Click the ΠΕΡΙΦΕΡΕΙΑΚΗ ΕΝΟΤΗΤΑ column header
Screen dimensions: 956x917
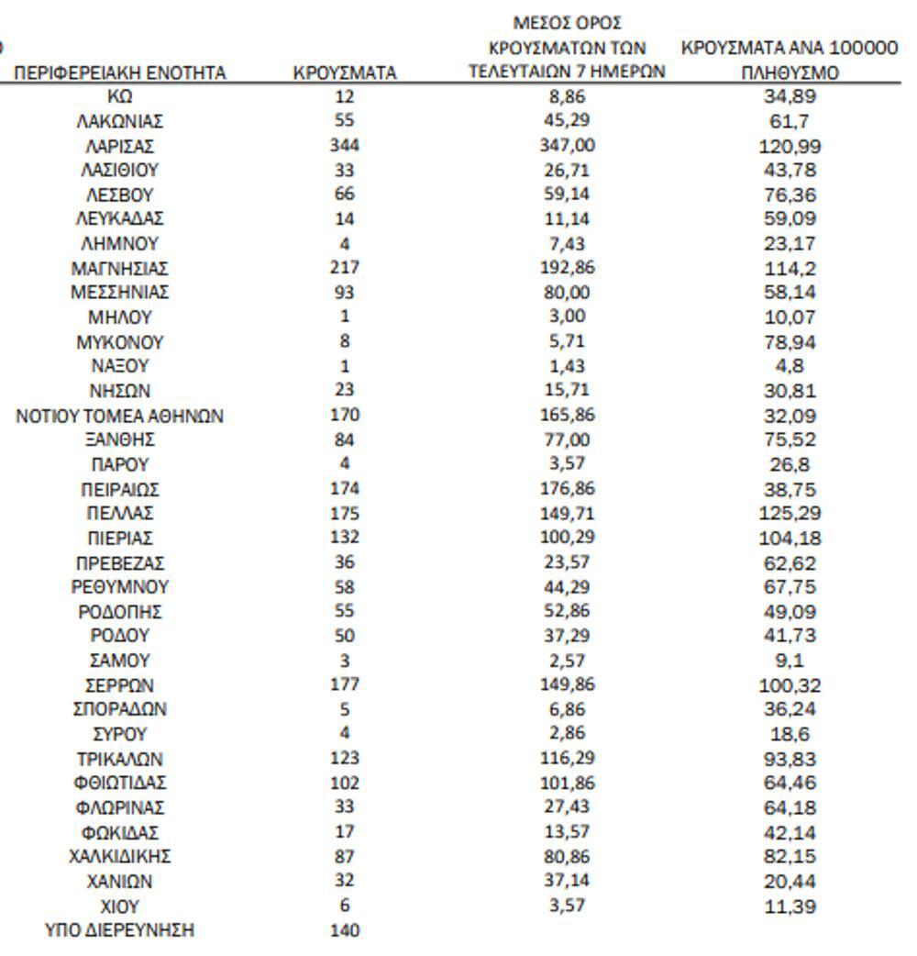(119, 73)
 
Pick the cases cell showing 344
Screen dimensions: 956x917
(344, 145)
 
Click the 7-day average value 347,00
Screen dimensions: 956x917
(567, 145)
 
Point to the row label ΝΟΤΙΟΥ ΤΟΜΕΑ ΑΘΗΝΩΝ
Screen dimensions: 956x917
(119, 416)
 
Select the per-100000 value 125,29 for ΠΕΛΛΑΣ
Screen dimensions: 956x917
(790, 513)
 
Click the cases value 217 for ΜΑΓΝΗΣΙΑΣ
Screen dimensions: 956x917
(344, 268)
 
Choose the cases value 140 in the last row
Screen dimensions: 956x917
(344, 930)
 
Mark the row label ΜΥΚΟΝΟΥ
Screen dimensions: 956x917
(119, 342)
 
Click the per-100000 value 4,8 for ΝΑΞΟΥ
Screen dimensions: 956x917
(790, 366)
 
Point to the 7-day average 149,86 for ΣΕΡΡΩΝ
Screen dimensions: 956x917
(567, 684)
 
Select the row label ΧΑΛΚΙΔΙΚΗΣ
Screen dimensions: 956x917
(119, 857)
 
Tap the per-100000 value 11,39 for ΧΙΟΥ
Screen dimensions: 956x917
(790, 906)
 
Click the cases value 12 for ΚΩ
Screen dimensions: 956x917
(344, 95)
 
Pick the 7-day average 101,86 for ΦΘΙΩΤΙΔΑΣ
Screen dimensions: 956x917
(567, 783)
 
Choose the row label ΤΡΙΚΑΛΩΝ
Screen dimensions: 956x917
(119, 759)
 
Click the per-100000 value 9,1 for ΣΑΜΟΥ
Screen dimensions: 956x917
(790, 661)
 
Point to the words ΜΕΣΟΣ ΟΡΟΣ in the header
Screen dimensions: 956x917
(567, 22)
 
